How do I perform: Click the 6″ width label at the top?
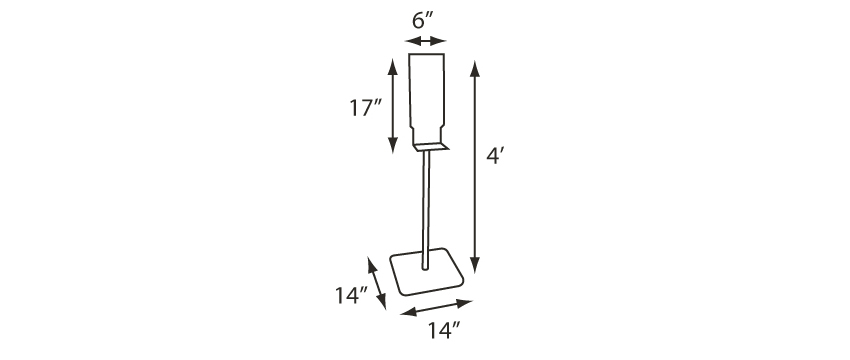point(424,21)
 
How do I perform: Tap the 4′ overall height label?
point(496,156)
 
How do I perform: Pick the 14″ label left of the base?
point(351,295)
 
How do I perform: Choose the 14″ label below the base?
point(444,330)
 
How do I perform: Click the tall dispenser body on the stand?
point(427,99)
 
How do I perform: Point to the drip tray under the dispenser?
point(431,147)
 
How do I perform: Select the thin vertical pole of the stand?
point(427,210)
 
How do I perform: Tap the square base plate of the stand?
point(427,272)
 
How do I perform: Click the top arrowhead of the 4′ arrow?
point(475,67)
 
